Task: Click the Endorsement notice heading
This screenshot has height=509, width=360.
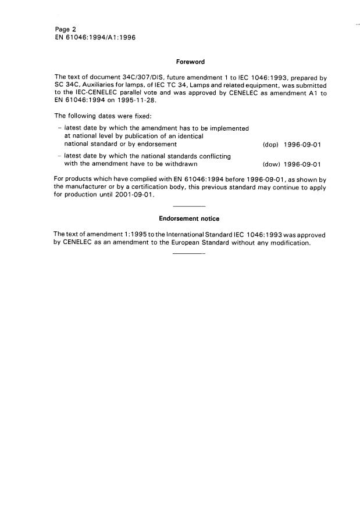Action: coord(190,219)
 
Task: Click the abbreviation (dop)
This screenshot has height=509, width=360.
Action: coord(272,144)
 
